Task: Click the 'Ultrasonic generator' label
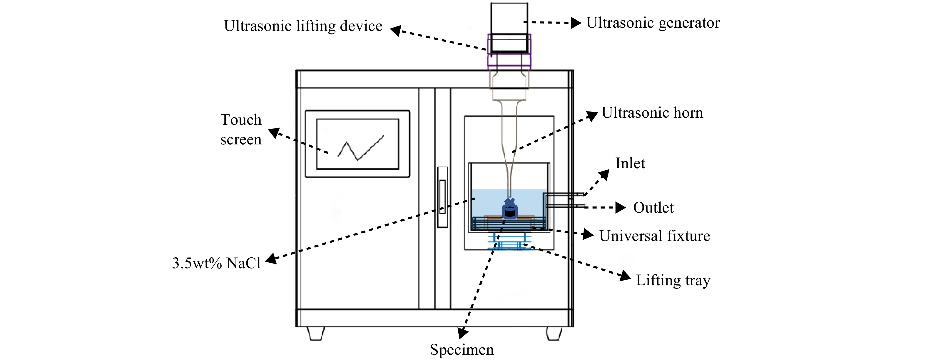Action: coord(653,23)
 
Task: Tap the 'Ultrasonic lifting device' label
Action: coord(303,26)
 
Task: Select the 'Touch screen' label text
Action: coord(241,129)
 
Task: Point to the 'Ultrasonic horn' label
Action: coord(652,113)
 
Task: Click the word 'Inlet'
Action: coord(630,163)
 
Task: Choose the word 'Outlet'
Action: coord(653,208)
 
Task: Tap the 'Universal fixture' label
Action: coord(655,236)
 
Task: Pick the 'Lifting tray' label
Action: coord(673,281)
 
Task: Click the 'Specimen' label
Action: coord(462,350)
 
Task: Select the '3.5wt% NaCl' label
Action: coord(216,263)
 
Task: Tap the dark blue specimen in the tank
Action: coord(509,209)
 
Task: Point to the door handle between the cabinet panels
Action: coord(442,197)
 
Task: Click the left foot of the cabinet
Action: coord(316,334)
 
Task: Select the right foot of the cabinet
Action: coord(554,334)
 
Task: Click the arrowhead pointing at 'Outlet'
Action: coord(621,208)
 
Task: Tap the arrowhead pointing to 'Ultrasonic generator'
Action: coord(576,23)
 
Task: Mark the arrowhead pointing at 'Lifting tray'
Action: coord(626,276)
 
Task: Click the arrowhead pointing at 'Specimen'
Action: coord(463,333)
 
